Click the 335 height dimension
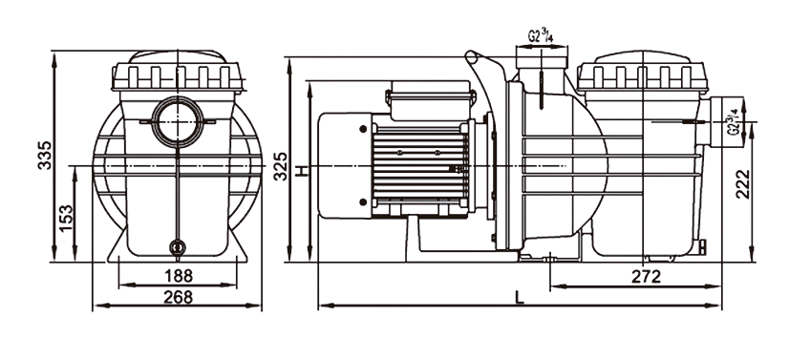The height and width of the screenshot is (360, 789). click(45, 155)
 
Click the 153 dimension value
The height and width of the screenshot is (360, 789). click(66, 218)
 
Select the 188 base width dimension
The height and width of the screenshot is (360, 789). click(179, 276)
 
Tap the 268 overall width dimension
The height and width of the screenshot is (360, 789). click(178, 297)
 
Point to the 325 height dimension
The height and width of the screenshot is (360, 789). click(280, 165)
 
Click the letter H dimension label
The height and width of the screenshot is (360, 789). click(301, 171)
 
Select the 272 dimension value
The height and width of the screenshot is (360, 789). click(646, 277)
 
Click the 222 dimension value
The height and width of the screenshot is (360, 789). click(743, 184)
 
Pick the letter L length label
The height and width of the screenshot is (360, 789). click(520, 298)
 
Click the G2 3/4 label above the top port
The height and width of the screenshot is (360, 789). click(541, 35)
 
